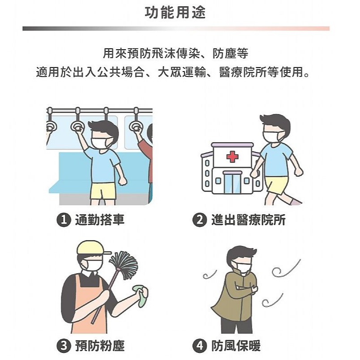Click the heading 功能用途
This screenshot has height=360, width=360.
pyautogui.click(x=175, y=12)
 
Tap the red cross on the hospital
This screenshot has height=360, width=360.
pyautogui.click(x=233, y=157)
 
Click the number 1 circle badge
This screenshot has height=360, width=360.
pyautogui.click(x=64, y=220)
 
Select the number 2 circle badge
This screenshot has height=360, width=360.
pyautogui.click(x=199, y=220)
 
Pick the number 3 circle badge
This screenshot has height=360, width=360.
pyautogui.click(x=64, y=346)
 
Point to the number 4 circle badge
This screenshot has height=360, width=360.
pyautogui.click(x=199, y=346)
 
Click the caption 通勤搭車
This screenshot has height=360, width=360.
pyautogui.click(x=100, y=220)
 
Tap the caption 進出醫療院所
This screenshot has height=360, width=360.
pyautogui.click(x=248, y=220)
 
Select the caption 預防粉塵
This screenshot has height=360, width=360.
pyautogui.click(x=100, y=346)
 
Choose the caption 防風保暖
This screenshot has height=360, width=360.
pyautogui.click(x=236, y=346)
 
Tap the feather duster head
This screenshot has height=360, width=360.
pyautogui.click(x=124, y=264)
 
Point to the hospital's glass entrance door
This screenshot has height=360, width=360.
pyautogui.click(x=233, y=183)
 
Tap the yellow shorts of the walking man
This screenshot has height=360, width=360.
pyautogui.click(x=276, y=185)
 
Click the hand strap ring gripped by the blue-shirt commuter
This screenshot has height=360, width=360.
pyautogui.click(x=78, y=127)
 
